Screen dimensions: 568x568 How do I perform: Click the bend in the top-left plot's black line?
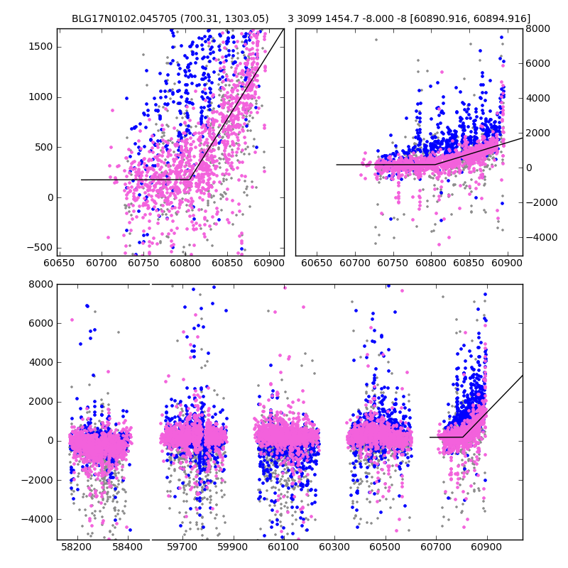[190, 180]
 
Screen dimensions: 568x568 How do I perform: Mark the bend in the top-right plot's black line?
[435, 165]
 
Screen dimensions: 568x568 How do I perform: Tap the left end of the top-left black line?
[82, 180]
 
